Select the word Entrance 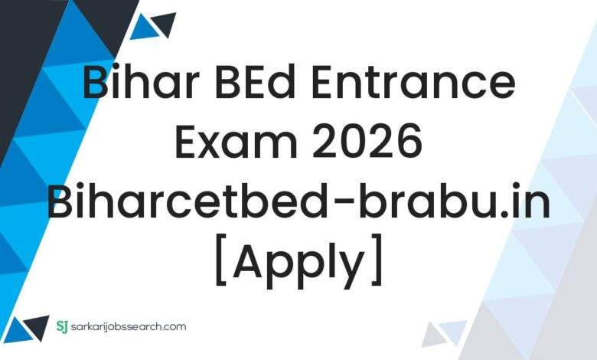pyautogui.click(x=417, y=85)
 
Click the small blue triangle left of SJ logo pyautogui.click(x=35, y=327)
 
